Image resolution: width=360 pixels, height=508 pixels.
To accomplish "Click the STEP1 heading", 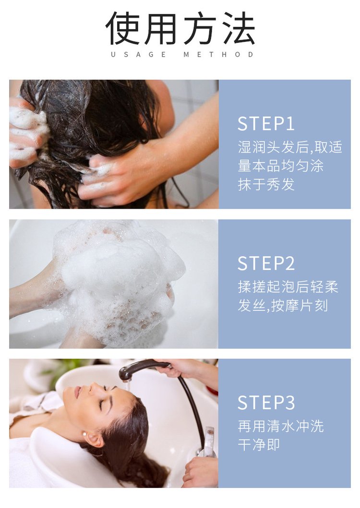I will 265,124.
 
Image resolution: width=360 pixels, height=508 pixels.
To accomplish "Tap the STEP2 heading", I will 266,263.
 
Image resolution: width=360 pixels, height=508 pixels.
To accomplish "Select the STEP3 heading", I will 266,403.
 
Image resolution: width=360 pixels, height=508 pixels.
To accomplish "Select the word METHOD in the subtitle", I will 218,55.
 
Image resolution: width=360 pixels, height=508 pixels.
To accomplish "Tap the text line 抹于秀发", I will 266,185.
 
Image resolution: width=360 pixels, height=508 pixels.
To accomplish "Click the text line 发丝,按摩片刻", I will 283,306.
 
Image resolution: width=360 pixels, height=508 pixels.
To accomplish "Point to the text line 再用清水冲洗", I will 281,426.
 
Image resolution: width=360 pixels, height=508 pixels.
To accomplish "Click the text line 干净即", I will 259,445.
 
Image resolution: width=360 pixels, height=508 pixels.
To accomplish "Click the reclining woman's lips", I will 77,392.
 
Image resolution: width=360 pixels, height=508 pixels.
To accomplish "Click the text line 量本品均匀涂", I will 280,166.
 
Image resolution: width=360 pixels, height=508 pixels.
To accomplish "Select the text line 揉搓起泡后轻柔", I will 288,287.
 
